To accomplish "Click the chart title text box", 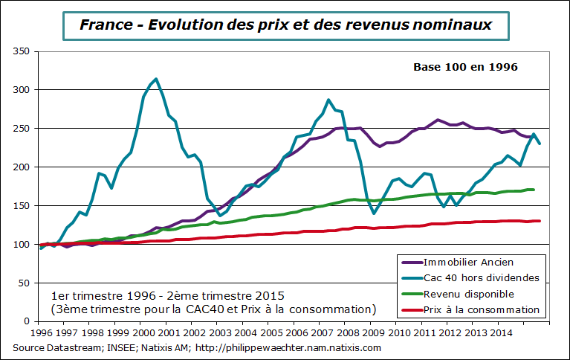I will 285,25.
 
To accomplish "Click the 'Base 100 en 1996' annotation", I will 464,67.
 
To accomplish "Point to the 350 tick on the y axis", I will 21,51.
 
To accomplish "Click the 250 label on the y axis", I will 21,129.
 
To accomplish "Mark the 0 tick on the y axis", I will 26,321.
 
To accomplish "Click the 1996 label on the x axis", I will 41,334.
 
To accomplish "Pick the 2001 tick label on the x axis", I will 169,334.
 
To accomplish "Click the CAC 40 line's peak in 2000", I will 155,79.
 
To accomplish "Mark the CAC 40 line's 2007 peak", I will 328,100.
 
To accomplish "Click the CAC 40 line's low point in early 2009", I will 374,213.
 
